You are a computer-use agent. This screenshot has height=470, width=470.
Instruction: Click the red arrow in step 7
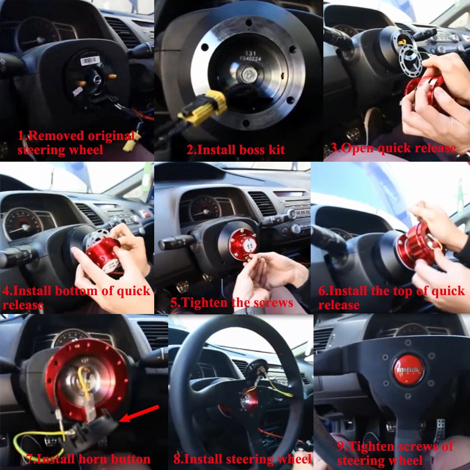tap(140, 414)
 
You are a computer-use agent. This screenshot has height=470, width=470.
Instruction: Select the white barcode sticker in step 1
tap(90, 61)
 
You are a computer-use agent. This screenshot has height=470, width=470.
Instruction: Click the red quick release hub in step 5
tap(243, 244)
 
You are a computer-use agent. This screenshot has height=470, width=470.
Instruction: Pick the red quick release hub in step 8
tap(248, 403)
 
